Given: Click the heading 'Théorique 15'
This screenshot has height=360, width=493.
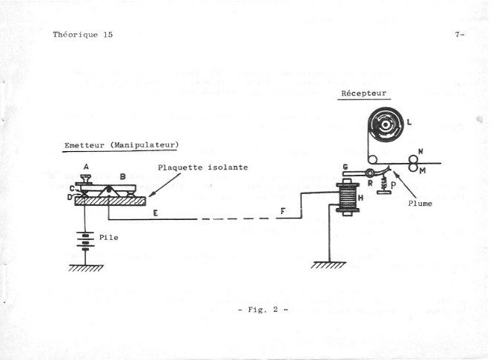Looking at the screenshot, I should point(82,34).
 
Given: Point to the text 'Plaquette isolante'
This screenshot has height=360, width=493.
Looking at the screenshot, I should point(202,167).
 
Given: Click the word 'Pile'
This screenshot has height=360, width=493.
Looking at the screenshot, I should point(110,239).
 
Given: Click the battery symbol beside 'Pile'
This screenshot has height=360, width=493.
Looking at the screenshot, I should point(87,243).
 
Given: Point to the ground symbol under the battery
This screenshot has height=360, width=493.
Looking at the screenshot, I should point(87,267).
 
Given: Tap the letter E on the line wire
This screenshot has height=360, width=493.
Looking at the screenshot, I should point(154,213).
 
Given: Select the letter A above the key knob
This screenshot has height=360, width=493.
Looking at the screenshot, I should point(86,167).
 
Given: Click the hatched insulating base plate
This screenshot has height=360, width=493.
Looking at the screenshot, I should point(110,199).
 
